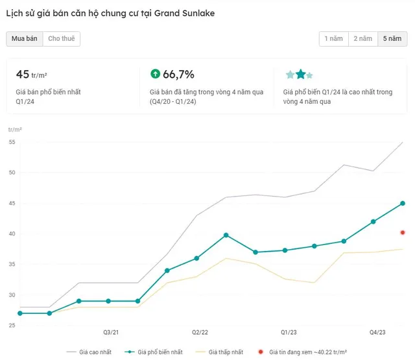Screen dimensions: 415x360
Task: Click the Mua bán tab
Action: (x=25, y=39)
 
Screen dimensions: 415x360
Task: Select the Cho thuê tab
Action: (x=62, y=39)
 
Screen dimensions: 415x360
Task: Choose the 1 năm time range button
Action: (x=334, y=39)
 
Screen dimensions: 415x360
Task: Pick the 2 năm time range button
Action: (x=363, y=39)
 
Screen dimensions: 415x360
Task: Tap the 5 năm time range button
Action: (x=392, y=39)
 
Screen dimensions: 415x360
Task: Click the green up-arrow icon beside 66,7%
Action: (x=156, y=74)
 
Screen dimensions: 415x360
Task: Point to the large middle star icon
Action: (x=301, y=75)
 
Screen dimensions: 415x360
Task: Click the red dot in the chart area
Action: (x=403, y=233)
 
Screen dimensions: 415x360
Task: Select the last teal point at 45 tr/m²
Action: (x=403, y=203)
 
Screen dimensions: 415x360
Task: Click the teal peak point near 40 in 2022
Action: (x=226, y=235)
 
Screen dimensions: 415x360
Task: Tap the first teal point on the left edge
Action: (x=20, y=313)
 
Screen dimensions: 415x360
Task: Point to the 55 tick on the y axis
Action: (x=12, y=142)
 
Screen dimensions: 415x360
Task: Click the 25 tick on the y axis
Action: (x=12, y=326)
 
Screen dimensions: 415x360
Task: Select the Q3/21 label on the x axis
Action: (x=111, y=333)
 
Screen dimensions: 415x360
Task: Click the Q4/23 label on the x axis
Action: (x=377, y=333)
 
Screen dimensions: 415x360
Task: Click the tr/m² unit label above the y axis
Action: (x=15, y=130)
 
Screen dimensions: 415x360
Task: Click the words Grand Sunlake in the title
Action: (x=184, y=13)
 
